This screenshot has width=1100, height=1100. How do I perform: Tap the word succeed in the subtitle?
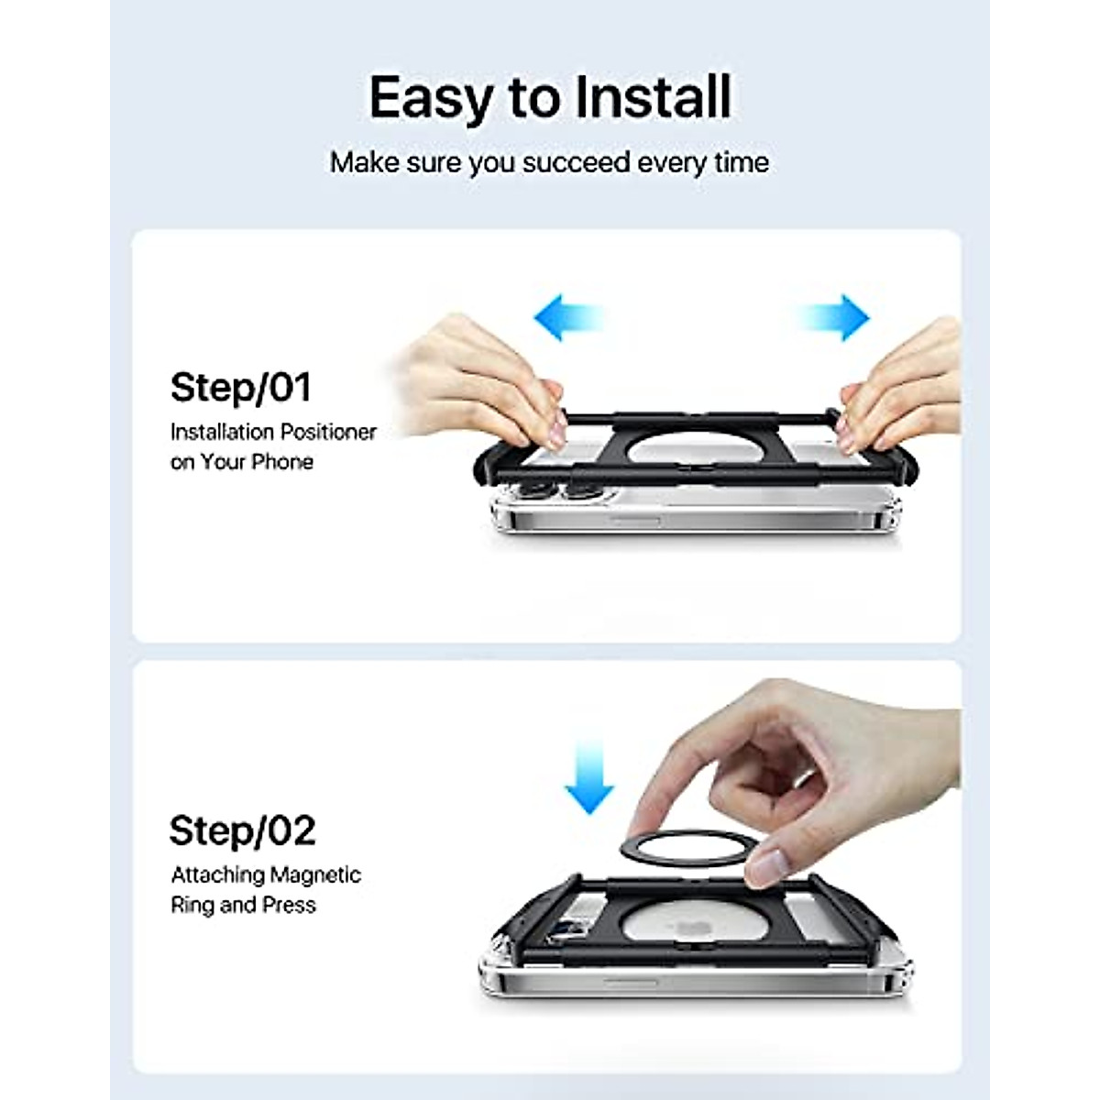click(577, 163)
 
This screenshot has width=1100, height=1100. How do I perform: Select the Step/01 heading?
click(241, 388)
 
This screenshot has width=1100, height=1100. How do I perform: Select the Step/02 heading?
click(242, 830)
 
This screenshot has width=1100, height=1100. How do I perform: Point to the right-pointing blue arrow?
click(835, 317)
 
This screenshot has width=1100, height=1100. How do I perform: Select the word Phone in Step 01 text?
click(282, 462)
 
